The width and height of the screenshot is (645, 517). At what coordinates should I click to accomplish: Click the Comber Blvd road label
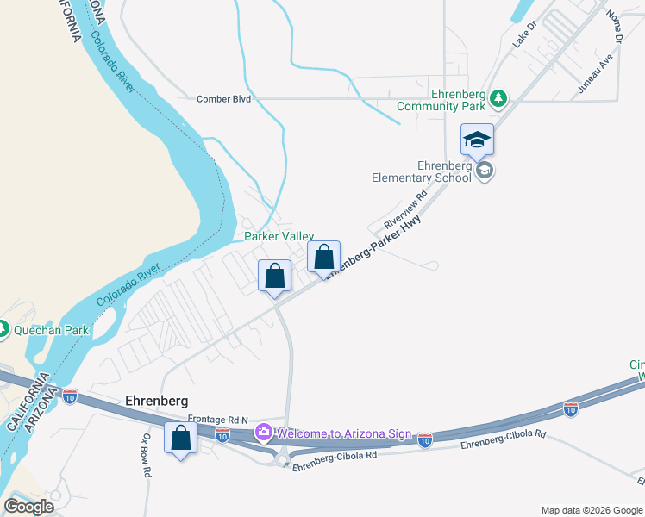(223, 99)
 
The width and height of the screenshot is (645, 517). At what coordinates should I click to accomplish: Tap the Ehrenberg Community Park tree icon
(498, 99)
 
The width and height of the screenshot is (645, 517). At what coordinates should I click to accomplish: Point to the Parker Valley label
(279, 236)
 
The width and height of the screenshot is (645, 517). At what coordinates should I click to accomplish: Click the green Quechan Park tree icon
(3, 329)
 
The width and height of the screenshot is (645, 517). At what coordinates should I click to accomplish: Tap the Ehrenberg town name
(156, 401)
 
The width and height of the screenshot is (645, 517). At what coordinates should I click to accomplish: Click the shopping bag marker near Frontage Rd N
(181, 439)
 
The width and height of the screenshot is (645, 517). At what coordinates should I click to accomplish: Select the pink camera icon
(262, 433)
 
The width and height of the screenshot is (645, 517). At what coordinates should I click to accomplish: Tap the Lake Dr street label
(524, 35)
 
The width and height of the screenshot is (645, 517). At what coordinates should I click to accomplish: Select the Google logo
(28, 507)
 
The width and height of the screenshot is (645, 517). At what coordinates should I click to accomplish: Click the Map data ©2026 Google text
(591, 510)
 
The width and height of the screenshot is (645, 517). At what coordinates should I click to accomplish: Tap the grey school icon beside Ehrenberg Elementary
(485, 171)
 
